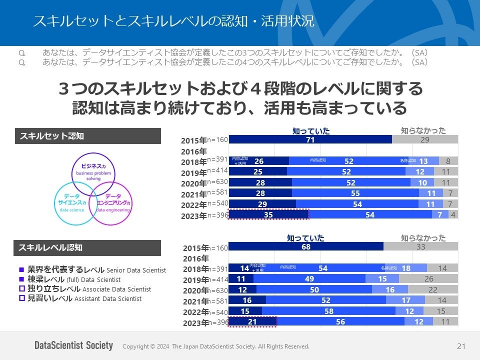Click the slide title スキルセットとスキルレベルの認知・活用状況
(x=173, y=21)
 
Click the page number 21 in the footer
(x=461, y=346)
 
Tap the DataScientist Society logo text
(x=73, y=345)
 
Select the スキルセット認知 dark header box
(x=88, y=136)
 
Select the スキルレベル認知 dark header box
(x=88, y=247)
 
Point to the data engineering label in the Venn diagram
(x=113, y=210)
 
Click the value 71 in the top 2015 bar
(x=310, y=140)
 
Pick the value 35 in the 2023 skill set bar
(x=268, y=215)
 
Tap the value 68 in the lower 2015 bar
(x=306, y=247)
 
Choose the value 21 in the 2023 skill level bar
(x=252, y=322)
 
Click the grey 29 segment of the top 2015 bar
(x=424, y=140)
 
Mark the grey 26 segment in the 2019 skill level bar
(x=429, y=279)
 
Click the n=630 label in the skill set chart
(x=217, y=181)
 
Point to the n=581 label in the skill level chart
(x=217, y=300)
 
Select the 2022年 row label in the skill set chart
(x=193, y=205)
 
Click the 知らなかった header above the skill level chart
(x=423, y=238)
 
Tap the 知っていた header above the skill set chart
(x=311, y=131)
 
